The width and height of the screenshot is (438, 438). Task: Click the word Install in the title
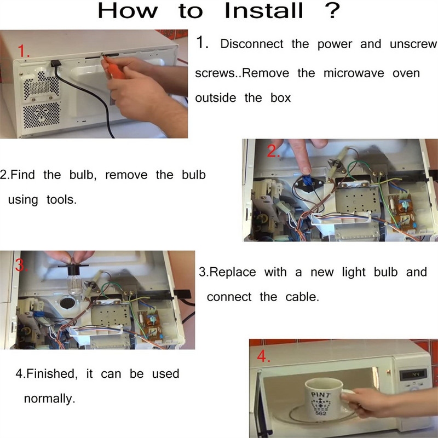click(264, 11)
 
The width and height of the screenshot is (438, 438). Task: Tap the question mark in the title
click(332, 10)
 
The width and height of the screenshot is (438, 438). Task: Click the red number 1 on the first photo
click(24, 51)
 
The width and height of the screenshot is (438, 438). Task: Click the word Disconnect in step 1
click(252, 44)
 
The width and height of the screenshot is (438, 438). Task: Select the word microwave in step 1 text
click(354, 73)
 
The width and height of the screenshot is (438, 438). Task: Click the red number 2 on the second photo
click(273, 151)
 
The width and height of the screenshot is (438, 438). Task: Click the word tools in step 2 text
click(61, 200)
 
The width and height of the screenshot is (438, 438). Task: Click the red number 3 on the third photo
click(21, 265)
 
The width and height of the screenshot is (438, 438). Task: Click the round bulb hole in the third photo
click(67, 303)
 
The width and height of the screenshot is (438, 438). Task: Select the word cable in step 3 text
click(302, 297)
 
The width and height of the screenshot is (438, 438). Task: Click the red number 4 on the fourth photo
click(263, 356)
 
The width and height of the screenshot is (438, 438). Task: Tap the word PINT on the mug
click(321, 395)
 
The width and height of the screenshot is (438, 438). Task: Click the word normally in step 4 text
click(49, 399)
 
